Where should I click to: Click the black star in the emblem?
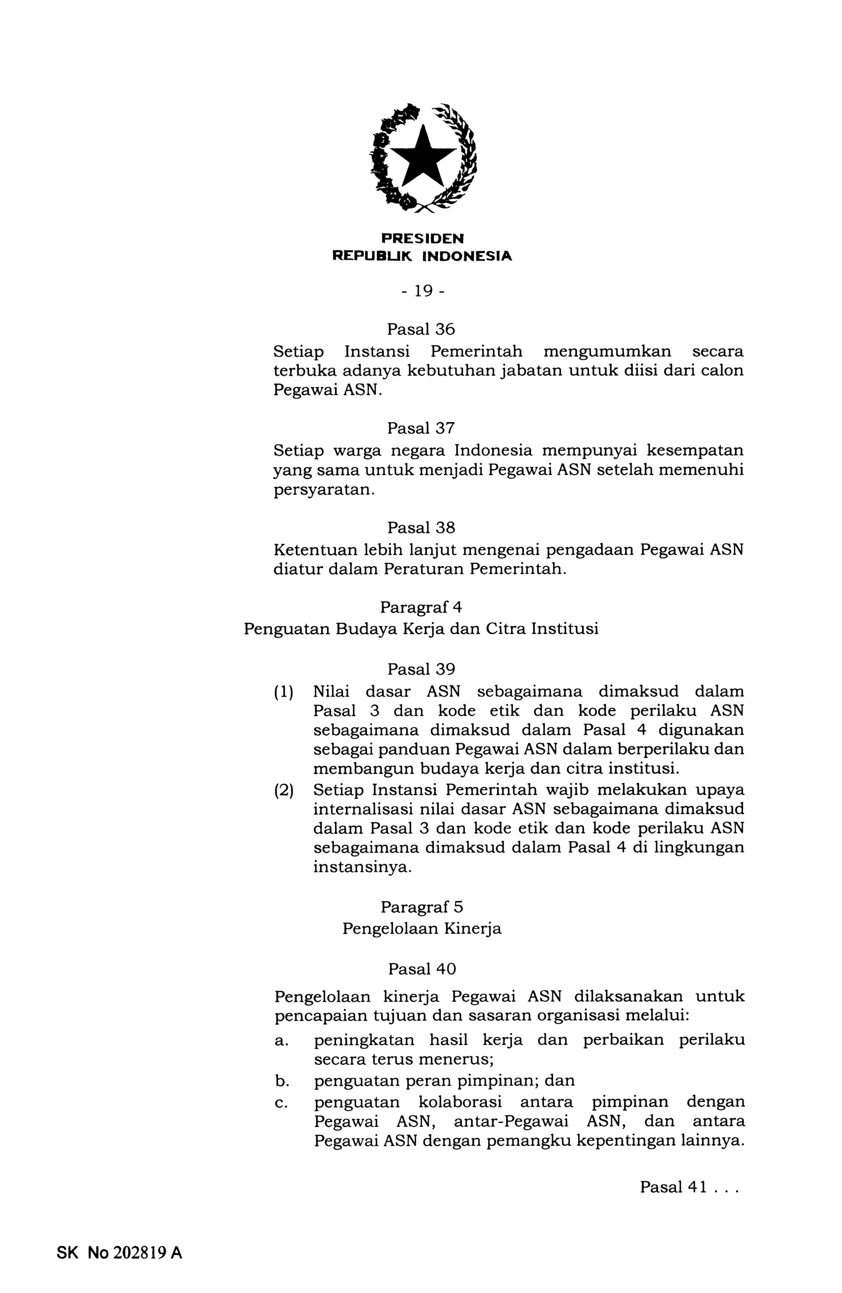click(422, 158)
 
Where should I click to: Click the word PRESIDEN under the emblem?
click(422, 239)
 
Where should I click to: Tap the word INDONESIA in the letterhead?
click(467, 256)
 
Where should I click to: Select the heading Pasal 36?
click(421, 329)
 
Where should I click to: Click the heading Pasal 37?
click(421, 428)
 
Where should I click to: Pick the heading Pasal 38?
click(421, 527)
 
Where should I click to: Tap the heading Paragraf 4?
click(421, 607)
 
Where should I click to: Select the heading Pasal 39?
click(421, 669)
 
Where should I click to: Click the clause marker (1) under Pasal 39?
click(283, 692)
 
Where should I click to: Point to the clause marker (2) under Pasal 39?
click(283, 789)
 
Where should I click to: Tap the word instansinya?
click(362, 867)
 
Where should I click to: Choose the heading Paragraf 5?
click(421, 907)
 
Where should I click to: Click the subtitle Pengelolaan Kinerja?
click(421, 929)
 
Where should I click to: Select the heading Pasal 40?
click(422, 969)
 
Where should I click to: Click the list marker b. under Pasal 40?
click(282, 1081)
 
